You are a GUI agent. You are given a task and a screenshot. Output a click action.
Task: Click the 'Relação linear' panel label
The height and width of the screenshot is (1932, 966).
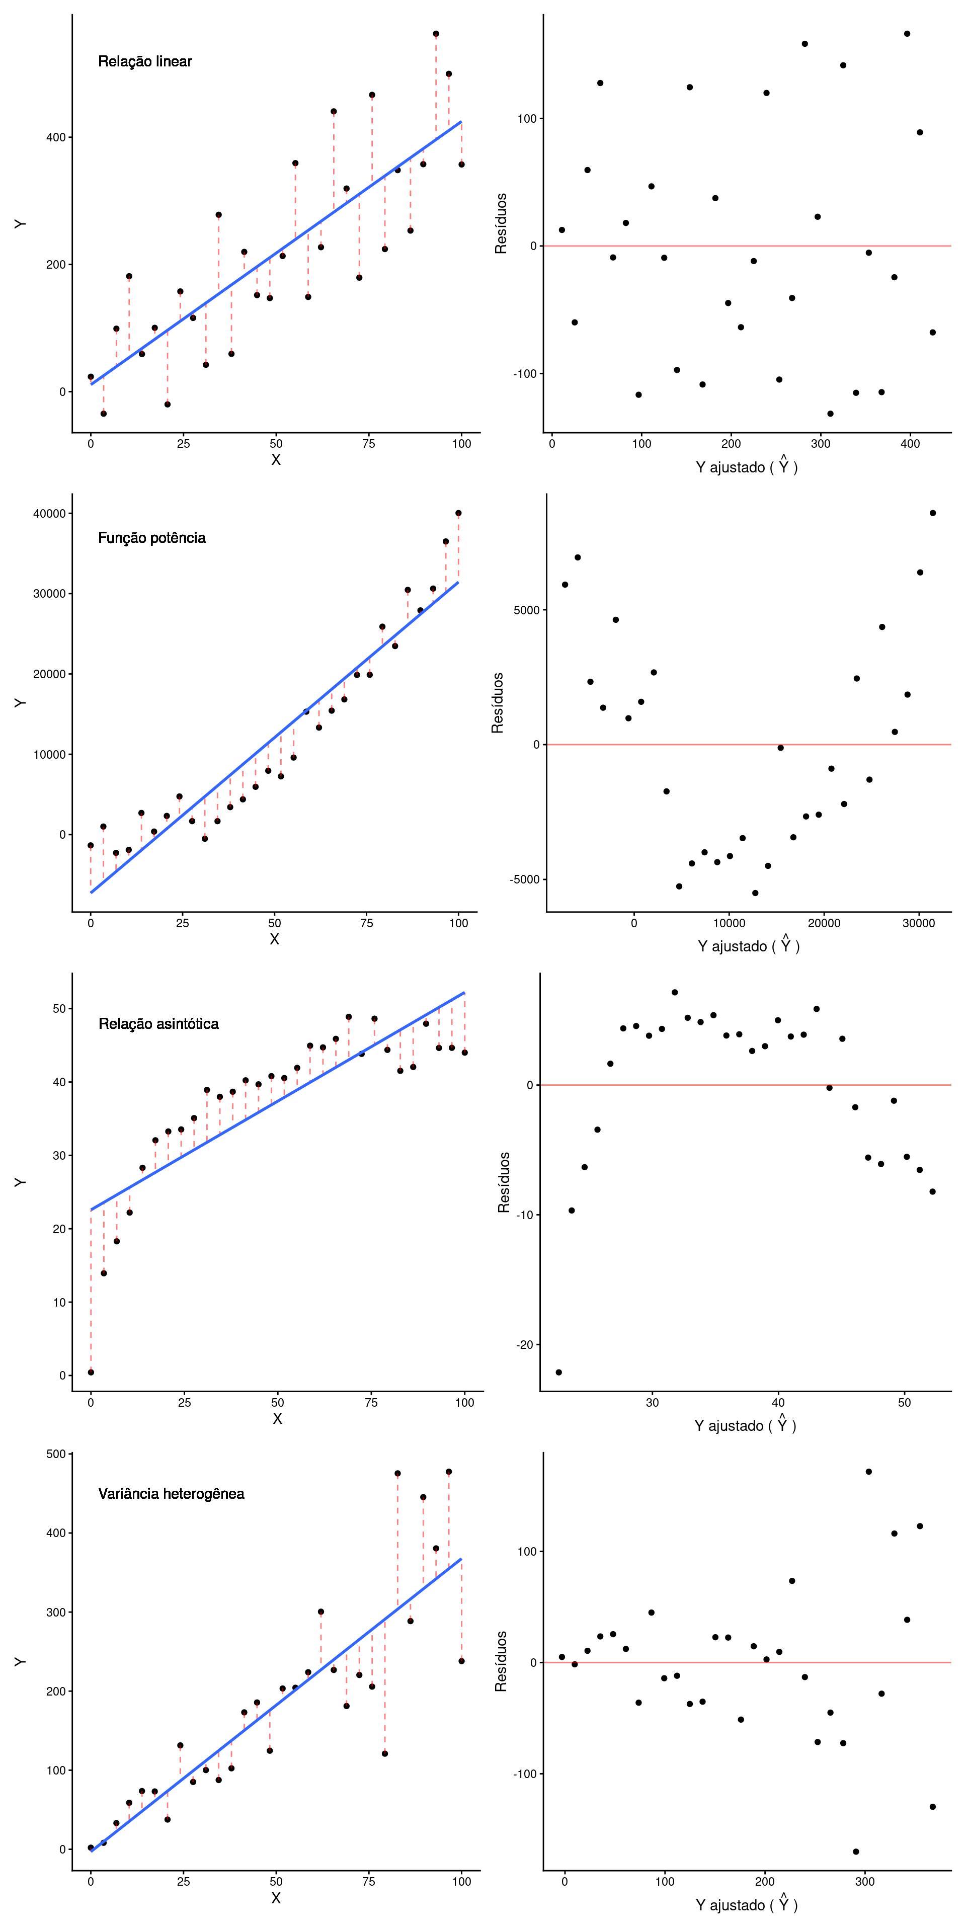tap(145, 61)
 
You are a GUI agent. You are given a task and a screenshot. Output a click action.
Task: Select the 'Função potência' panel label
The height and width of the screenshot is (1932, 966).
tap(151, 538)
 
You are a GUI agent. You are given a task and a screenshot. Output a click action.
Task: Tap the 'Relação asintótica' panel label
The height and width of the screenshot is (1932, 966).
tap(158, 1024)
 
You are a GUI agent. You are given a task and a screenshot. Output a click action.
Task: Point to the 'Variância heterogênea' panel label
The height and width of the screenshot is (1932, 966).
tap(171, 1493)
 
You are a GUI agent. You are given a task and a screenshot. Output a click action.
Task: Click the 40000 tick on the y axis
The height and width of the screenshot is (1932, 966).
tap(49, 514)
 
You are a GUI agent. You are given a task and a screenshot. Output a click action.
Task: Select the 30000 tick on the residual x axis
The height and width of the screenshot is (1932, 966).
tap(918, 923)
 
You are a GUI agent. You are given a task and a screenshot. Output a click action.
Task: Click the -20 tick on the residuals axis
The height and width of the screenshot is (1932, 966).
tap(524, 1345)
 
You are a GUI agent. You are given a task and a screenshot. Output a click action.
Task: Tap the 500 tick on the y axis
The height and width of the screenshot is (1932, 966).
tap(56, 1454)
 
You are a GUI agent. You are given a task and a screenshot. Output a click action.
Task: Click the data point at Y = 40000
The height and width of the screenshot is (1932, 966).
tap(458, 513)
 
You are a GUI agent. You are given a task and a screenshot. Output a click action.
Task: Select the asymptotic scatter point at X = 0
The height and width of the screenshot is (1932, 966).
tap(91, 1372)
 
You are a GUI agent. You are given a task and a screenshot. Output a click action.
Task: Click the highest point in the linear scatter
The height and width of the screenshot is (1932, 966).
tap(436, 34)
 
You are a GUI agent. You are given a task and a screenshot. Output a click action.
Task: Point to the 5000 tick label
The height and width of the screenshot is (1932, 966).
tap(526, 610)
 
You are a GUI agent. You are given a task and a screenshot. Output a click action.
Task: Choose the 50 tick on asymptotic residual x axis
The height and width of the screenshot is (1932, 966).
tap(905, 1403)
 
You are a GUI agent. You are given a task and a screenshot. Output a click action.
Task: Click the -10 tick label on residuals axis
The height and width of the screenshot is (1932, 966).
tap(524, 1215)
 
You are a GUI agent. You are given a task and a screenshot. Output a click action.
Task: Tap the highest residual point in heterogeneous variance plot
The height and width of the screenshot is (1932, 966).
tap(868, 1472)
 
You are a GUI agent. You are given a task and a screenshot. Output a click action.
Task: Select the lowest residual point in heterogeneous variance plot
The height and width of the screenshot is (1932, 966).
tap(856, 1852)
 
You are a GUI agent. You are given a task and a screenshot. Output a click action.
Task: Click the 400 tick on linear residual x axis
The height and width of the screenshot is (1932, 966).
tap(910, 444)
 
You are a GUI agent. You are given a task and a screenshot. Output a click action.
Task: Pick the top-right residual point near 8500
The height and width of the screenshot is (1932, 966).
tap(933, 513)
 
